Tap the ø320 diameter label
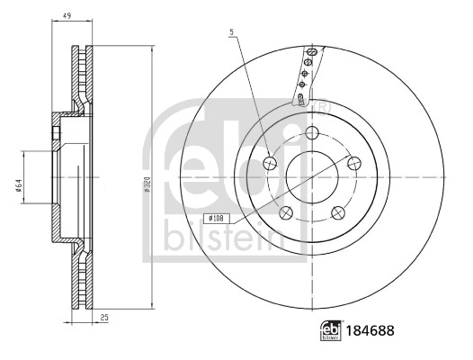146,185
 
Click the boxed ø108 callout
217,217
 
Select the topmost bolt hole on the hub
312,132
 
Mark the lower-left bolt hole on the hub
286,212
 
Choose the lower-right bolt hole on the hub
339,212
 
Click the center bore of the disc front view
312,177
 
